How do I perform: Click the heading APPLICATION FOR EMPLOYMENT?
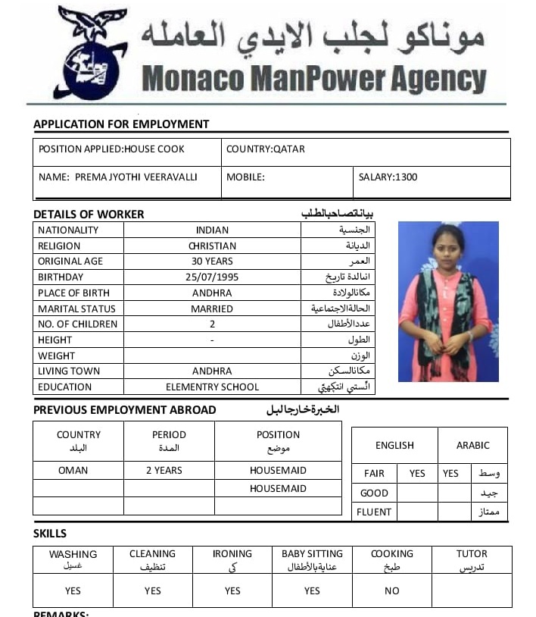point(121,124)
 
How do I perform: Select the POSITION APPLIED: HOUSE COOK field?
point(111,149)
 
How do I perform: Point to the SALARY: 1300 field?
point(388,177)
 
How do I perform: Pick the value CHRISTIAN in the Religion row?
point(212,246)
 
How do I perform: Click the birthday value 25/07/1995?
point(212,277)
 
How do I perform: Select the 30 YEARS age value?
point(212,262)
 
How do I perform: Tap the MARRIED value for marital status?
point(212,308)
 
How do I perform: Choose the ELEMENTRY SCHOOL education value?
point(212,387)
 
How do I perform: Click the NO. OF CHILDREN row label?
point(78,324)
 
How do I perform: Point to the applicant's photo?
point(447,301)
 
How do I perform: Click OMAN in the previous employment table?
point(73,471)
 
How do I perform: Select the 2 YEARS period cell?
point(164,471)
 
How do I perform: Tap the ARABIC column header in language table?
point(472,446)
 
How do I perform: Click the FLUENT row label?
point(374,512)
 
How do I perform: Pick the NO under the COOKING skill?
point(391,591)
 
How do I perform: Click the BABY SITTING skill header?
point(312,554)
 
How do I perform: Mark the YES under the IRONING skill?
point(232,591)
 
